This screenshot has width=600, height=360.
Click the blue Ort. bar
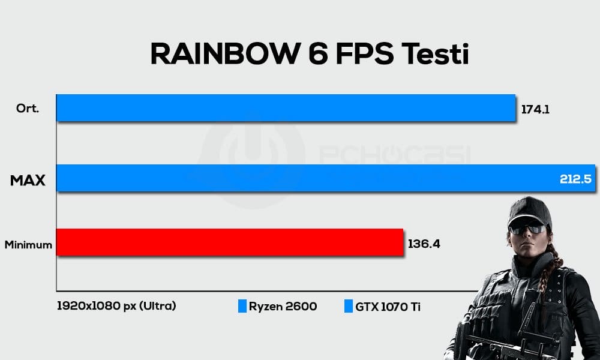point(286,108)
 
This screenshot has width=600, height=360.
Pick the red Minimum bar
point(229,242)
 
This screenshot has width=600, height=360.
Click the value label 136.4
point(424,244)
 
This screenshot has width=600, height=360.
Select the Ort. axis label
point(28,108)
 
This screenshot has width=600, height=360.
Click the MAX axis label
point(28,179)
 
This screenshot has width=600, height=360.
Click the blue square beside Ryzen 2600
point(242,306)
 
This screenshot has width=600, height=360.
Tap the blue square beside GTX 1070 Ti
point(348,306)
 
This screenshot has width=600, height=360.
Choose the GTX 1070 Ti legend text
point(387,306)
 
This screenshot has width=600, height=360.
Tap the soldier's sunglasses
point(527,229)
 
